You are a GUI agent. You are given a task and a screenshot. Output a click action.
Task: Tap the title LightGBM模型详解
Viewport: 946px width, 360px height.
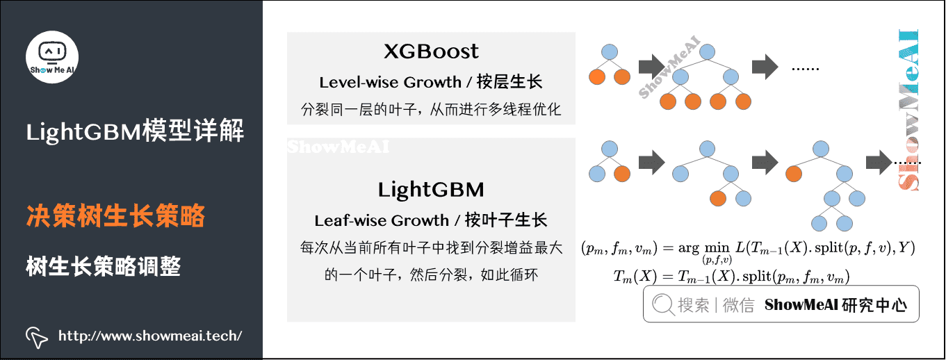pyautogui.click(x=135, y=131)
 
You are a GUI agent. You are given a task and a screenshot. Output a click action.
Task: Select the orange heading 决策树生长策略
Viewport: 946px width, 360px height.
pyautogui.click(x=115, y=217)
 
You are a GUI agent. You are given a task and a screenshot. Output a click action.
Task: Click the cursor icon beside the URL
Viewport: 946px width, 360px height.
pyautogui.click(x=36, y=336)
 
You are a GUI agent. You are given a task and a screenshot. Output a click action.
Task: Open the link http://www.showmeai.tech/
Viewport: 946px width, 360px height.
pyautogui.click(x=150, y=336)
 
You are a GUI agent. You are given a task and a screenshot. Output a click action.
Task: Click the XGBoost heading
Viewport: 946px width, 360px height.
pyautogui.click(x=431, y=51)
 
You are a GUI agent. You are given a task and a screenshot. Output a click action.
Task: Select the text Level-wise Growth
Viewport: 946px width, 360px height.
pyautogui.click(x=390, y=82)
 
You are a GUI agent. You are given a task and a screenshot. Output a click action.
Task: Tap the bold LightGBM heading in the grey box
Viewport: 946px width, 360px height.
pyautogui.click(x=431, y=190)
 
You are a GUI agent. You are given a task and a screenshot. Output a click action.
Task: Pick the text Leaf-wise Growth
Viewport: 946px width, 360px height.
pyautogui.click(x=382, y=221)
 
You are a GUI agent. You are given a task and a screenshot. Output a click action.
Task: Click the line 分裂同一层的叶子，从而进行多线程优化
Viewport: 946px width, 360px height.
pyautogui.click(x=431, y=109)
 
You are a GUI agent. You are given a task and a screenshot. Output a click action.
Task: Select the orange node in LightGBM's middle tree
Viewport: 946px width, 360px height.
pyautogui.click(x=717, y=198)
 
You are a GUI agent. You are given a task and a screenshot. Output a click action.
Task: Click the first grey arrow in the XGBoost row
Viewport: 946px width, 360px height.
pyautogui.click(x=651, y=66)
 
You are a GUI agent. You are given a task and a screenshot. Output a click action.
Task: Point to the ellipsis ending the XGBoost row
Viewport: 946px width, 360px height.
pyautogui.click(x=806, y=69)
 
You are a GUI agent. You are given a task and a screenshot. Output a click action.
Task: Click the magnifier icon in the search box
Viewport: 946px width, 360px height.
pyautogui.click(x=662, y=304)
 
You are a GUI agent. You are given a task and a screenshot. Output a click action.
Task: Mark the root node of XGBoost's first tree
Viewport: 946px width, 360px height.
pyautogui.click(x=610, y=51)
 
